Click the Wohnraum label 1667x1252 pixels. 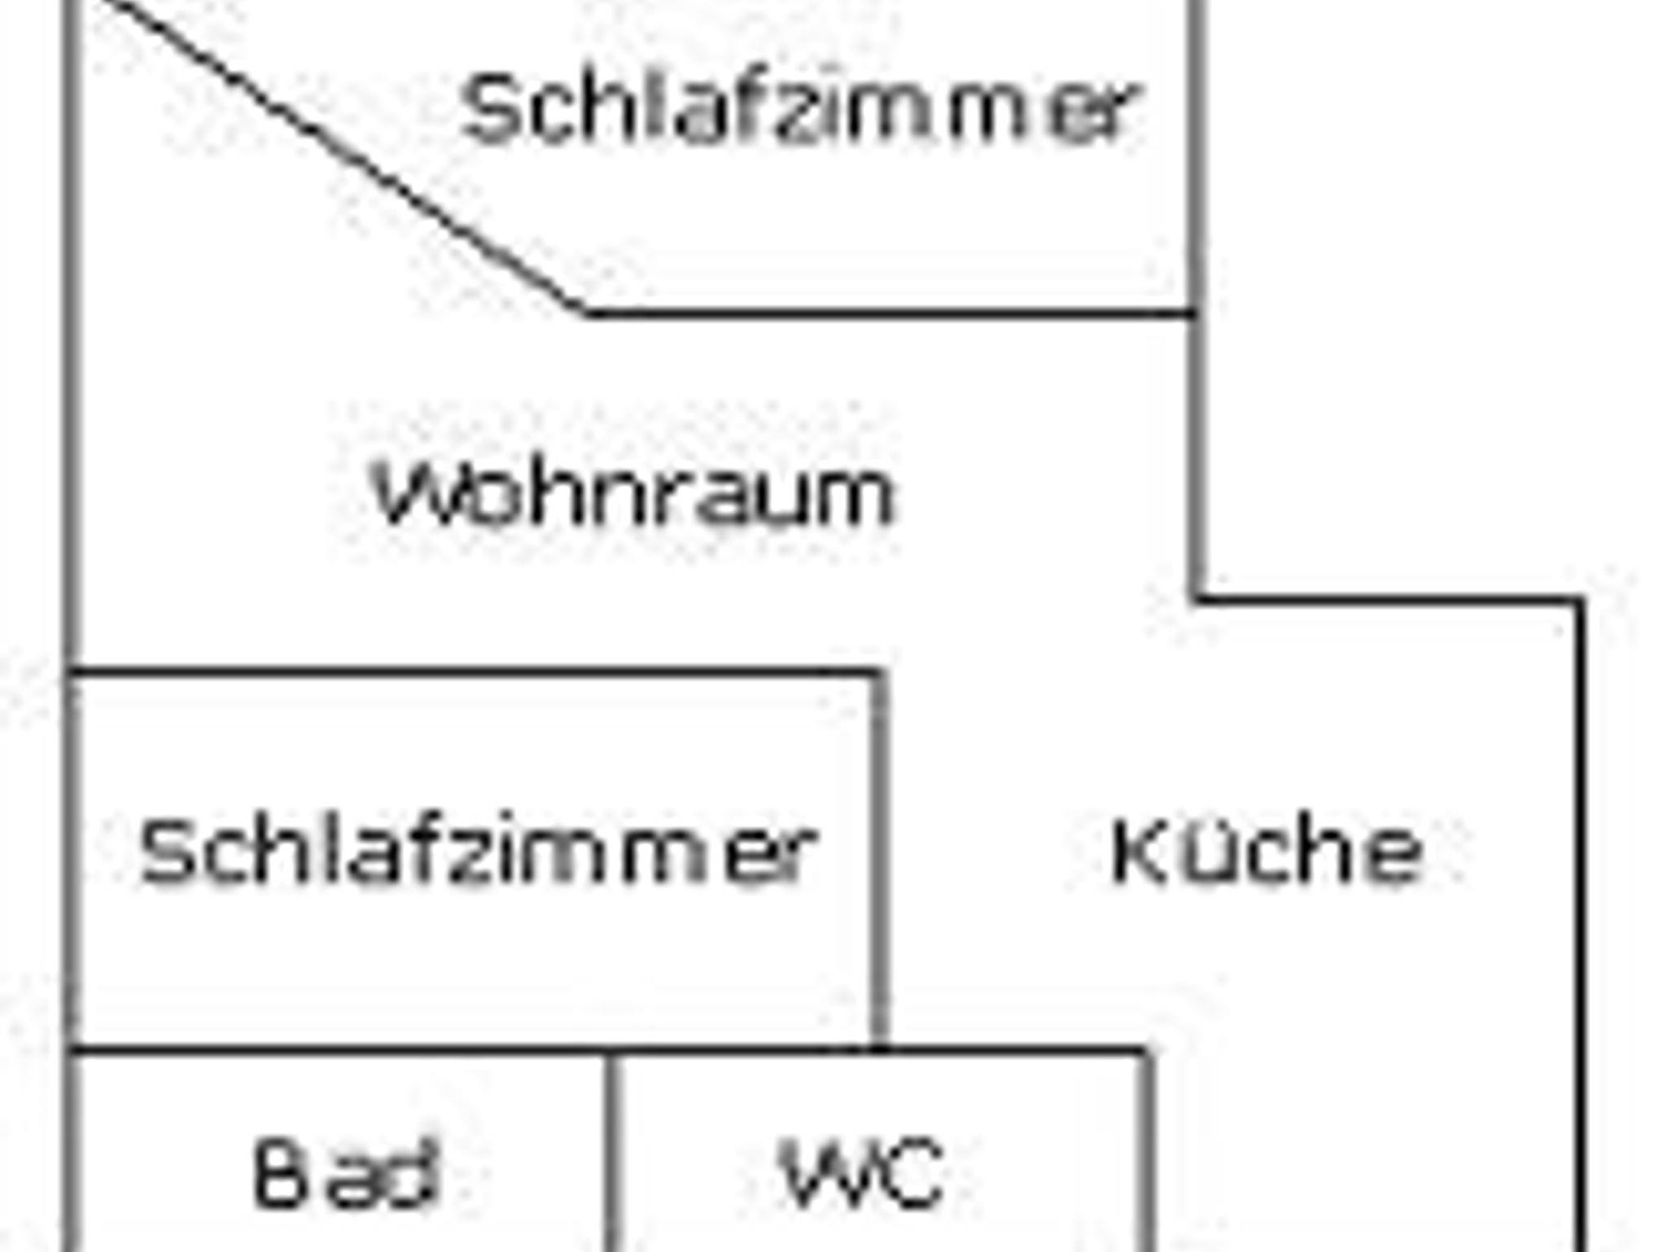click(634, 494)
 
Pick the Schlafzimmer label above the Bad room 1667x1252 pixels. click(479, 851)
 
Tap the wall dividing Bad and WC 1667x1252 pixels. click(611, 1153)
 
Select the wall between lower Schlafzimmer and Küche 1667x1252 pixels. click(879, 860)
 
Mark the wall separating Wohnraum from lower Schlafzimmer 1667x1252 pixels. click(475, 672)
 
